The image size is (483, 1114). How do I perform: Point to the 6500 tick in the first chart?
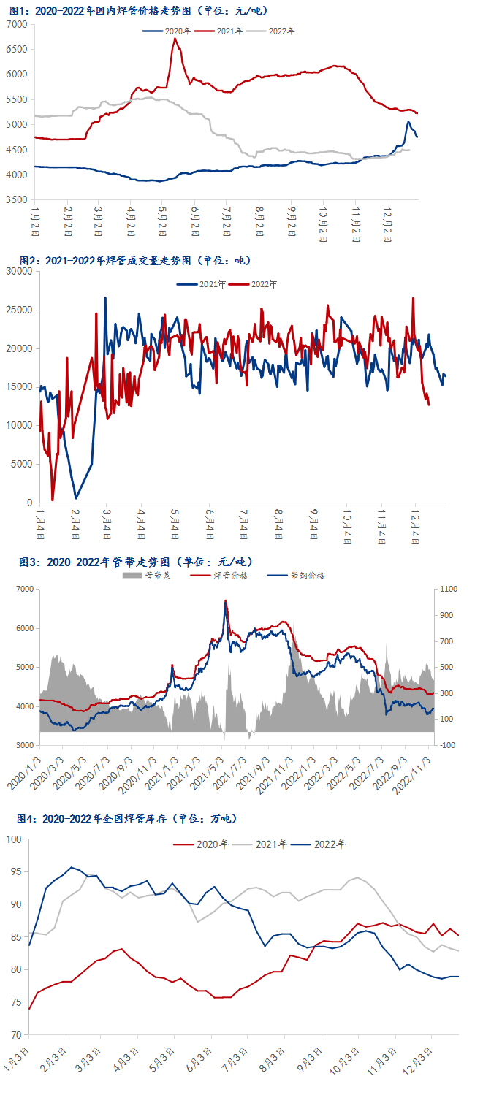(x=17, y=49)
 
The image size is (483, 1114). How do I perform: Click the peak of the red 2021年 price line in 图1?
(x=175, y=39)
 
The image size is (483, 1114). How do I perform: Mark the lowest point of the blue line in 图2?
(x=76, y=498)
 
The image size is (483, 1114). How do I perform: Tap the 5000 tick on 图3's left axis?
(x=23, y=668)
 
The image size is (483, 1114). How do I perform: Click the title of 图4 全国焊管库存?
(x=127, y=818)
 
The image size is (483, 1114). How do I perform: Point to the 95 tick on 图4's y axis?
(x=15, y=871)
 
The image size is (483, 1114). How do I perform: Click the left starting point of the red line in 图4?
(x=29, y=1009)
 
